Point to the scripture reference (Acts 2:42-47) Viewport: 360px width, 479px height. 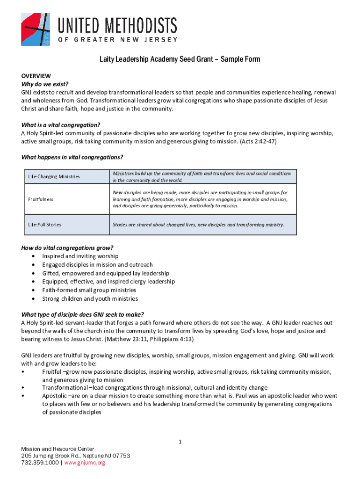pyautogui.click(x=257, y=141)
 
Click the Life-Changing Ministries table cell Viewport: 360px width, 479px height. pyautogui.click(x=54, y=177)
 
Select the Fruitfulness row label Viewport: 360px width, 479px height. pyautogui.click(x=41, y=199)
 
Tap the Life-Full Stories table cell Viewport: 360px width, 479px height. pyautogui.click(x=44, y=225)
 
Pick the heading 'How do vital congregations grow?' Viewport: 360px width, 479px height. pyautogui.click(x=67, y=247)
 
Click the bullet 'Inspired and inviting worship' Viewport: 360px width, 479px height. pyautogui.click(x=80, y=256)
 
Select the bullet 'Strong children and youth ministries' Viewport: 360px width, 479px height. pyautogui.click(x=90, y=298)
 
